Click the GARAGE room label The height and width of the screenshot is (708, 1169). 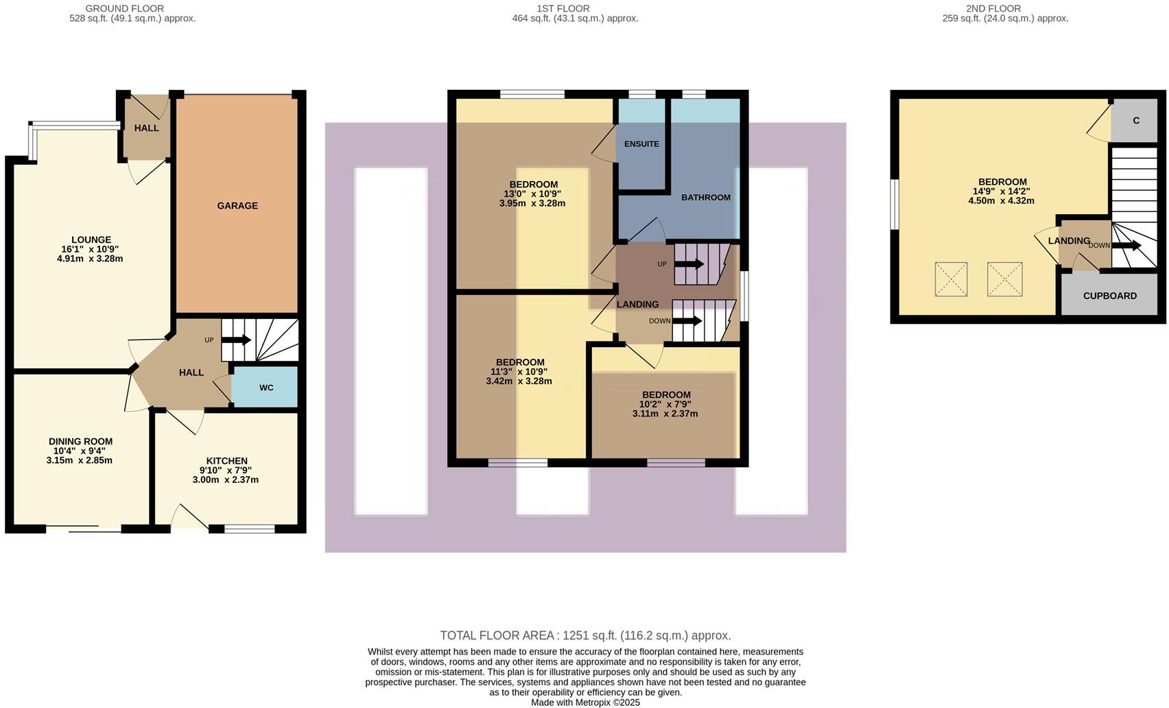pos(237,206)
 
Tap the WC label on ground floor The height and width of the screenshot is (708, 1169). pos(266,388)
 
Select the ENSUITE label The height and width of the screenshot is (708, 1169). pos(641,144)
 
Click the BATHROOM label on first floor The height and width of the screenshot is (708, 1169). pos(705,198)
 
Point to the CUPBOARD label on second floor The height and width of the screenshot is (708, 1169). pos(1109,296)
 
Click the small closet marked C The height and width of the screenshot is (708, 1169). pos(1136,121)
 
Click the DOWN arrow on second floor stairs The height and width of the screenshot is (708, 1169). pos(1126,245)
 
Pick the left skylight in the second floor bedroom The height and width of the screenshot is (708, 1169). pos(951,279)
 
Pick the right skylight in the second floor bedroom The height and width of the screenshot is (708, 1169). pos(1004,279)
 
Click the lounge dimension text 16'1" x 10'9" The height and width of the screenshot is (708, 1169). pos(91,250)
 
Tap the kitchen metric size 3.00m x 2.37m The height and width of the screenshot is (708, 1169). pos(226,480)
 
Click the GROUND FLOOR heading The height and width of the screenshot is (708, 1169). pos(124,8)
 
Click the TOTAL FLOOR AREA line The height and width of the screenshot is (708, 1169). pos(584,635)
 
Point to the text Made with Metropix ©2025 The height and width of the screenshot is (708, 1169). pos(584,703)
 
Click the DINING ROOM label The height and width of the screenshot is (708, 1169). pos(80,442)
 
